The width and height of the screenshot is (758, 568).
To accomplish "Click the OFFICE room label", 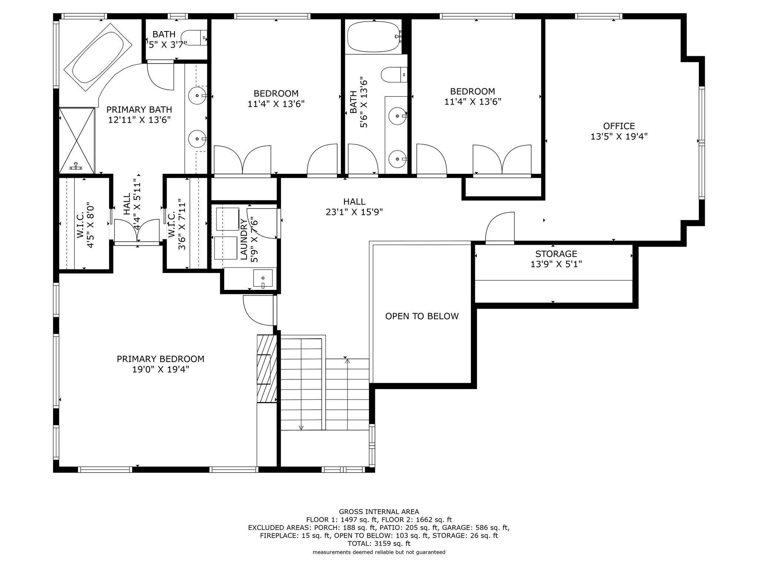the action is coord(619,126).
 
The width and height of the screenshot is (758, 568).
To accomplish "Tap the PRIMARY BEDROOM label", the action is coord(160,359).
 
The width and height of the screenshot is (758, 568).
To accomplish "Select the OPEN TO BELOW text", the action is coord(422,316).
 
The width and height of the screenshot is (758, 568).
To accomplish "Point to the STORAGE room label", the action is coord(556,254).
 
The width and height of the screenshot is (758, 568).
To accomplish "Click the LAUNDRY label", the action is coord(244,239).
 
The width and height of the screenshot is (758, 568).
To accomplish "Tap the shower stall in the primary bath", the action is coord(77,140).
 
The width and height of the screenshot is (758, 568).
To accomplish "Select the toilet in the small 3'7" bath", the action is coord(194,38).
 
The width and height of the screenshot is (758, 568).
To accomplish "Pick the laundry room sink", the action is coord(263,278).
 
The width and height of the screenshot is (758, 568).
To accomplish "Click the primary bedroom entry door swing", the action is coord(258,310).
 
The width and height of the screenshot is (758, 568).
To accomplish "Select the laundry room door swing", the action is coord(262,223).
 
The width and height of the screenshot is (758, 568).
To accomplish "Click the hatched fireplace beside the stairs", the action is coord(267,368).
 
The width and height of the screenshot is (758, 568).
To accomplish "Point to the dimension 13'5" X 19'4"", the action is coord(619,136).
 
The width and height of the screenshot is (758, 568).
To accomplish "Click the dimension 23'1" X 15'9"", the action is coord(354,212).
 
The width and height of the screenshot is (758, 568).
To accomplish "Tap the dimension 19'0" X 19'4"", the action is coord(161,369).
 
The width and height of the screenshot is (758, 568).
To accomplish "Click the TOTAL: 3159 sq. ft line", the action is coord(379,544).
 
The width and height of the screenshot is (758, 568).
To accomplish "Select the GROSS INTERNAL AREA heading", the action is coord(379,512).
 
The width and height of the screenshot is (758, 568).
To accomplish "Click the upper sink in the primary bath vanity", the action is coord(197,96).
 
